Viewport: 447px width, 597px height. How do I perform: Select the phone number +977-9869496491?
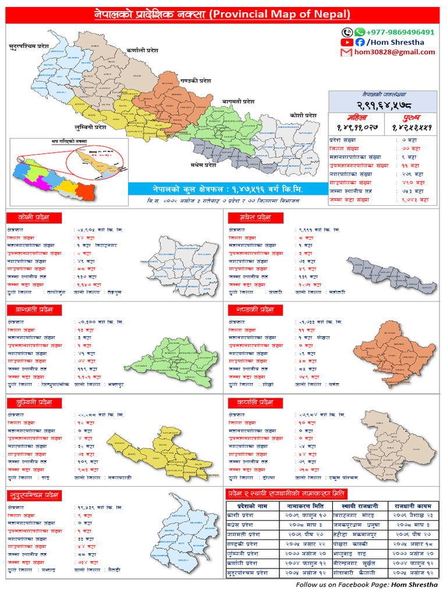pos(400,32)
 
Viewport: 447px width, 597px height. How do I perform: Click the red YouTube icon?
pos(347,42)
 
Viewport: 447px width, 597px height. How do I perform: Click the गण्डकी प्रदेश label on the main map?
pos(196,80)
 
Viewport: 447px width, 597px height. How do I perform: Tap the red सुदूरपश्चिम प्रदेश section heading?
pos(35,496)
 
